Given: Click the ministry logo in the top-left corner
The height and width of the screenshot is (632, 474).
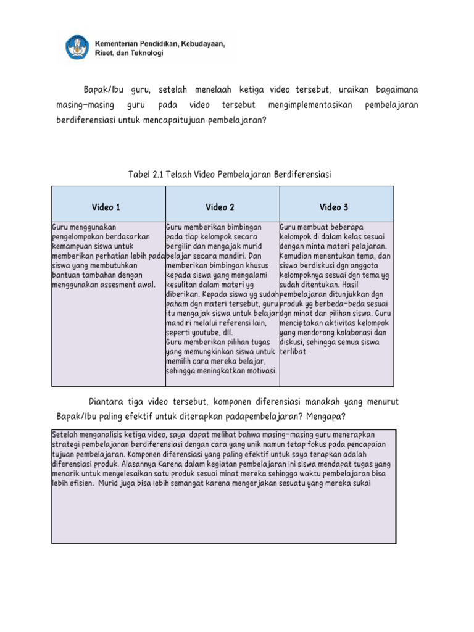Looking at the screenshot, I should click(x=78, y=48).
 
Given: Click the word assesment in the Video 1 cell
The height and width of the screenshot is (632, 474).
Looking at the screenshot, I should click(x=131, y=285).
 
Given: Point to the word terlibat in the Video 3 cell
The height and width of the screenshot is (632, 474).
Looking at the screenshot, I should click(x=293, y=351).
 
